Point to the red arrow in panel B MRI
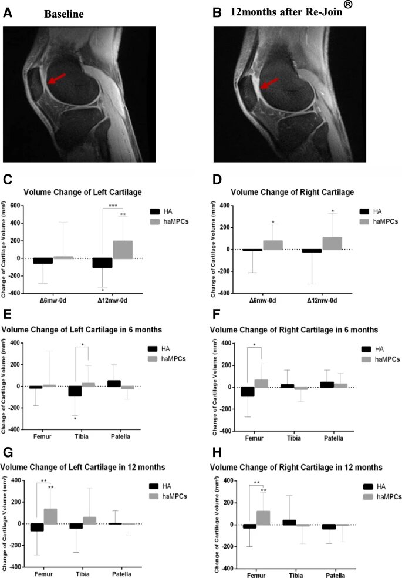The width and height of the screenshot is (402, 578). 269,83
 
